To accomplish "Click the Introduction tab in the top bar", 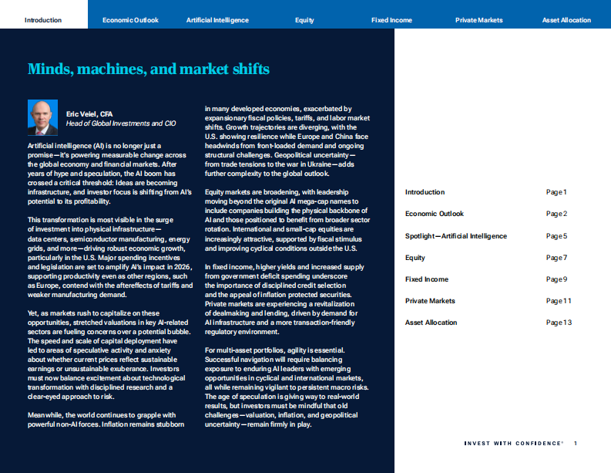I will pos(43,20).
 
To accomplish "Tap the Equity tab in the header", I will pos(304,20).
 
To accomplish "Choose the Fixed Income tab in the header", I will pos(391,20).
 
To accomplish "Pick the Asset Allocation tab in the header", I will pos(566,20).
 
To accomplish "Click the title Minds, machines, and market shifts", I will pos(149,69).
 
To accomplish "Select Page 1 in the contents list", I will pos(556,192).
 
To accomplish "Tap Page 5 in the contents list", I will pos(556,236).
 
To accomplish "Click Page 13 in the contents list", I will pos(559,323).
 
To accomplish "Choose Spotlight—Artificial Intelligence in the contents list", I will pos(456,236).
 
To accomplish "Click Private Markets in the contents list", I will pos(430,301).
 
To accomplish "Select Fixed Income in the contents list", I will pos(427,279).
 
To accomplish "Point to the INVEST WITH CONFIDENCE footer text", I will pos(513,444).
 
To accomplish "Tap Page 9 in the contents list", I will pos(556,279).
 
